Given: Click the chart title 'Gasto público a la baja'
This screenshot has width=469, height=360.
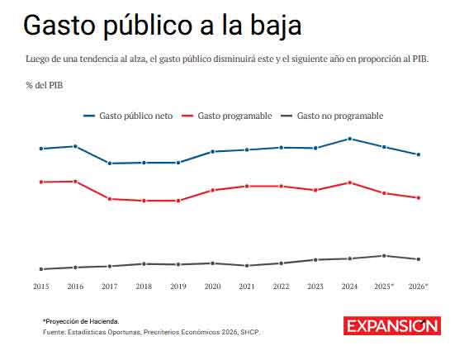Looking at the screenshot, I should (162, 26).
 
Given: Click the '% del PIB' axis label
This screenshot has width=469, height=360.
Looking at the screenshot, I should (44, 85).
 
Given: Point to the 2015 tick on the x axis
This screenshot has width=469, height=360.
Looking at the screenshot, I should (40, 286).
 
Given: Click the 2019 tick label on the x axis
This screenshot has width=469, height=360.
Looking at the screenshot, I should (178, 286).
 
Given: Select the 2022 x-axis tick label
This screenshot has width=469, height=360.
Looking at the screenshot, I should (282, 286).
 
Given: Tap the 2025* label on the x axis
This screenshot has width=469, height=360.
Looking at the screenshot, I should (385, 286).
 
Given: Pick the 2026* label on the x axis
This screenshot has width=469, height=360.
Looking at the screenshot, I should (419, 286).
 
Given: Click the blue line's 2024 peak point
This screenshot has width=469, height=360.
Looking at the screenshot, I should (350, 139).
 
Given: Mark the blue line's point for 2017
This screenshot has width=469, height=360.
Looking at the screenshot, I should (110, 163).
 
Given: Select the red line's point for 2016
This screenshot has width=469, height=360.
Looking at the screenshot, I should (75, 181).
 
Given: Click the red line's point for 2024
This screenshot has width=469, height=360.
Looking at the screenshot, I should (350, 182).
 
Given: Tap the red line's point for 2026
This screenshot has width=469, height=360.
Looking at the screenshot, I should (419, 198).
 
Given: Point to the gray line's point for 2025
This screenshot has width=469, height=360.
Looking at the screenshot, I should (385, 256).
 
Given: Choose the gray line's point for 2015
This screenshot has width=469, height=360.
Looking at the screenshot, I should (40, 269).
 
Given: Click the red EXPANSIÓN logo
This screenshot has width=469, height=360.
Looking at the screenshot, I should (392, 325).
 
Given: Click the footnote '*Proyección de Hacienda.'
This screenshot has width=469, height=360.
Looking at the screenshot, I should (81, 320).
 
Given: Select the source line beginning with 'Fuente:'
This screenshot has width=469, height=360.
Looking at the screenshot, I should (150, 332).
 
